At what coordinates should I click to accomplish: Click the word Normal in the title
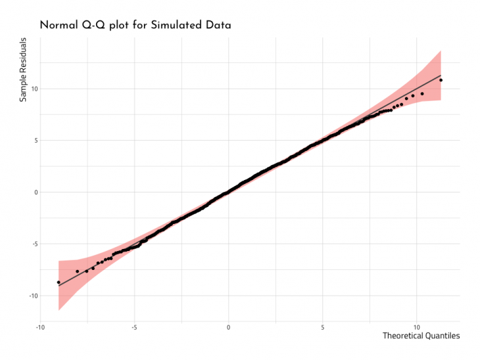pyautogui.click(x=62, y=25)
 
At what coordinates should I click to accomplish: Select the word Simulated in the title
pyautogui.click(x=178, y=25)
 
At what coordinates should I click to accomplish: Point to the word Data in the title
pyautogui.click(x=219, y=25)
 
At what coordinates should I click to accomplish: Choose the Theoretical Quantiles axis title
pyautogui.click(x=421, y=336)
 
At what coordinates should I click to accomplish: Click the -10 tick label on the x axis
pyautogui.click(x=40, y=326)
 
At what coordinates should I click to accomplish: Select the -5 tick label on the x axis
pyautogui.click(x=134, y=326)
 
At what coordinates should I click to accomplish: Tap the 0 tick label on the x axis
pyautogui.click(x=228, y=326)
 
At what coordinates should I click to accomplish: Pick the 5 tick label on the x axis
pyautogui.click(x=322, y=326)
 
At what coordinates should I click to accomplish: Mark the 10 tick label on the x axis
pyautogui.click(x=416, y=326)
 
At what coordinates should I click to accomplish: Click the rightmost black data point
pyautogui.click(x=441, y=80)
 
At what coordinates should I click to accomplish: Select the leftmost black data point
pyautogui.click(x=59, y=282)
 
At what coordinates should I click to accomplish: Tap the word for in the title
pyautogui.click(x=147, y=25)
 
